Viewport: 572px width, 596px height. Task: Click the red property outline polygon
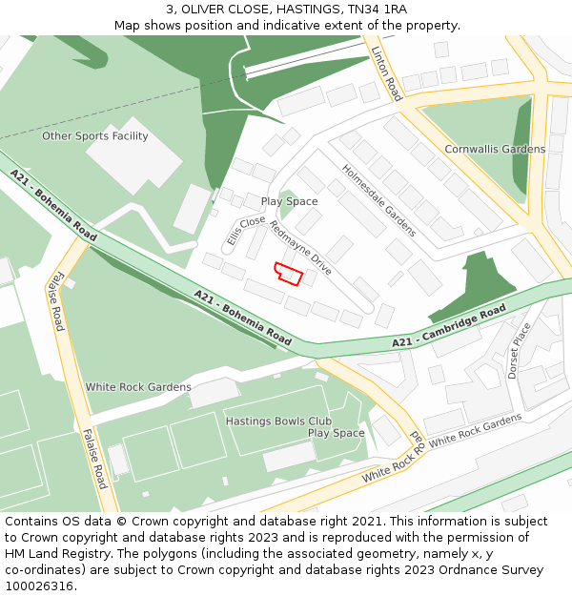click(289, 274)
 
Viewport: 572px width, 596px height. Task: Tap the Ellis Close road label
click(246, 231)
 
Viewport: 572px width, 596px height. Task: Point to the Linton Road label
click(387, 73)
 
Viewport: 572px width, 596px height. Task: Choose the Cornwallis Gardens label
click(495, 149)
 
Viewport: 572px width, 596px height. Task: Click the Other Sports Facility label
click(95, 136)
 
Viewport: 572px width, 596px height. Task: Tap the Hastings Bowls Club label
click(278, 421)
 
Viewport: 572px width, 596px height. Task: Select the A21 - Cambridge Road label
click(449, 327)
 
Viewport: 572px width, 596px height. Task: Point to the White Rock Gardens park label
click(138, 387)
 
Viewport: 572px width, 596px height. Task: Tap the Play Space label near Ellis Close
click(289, 202)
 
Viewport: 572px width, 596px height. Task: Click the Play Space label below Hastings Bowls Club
click(336, 433)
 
